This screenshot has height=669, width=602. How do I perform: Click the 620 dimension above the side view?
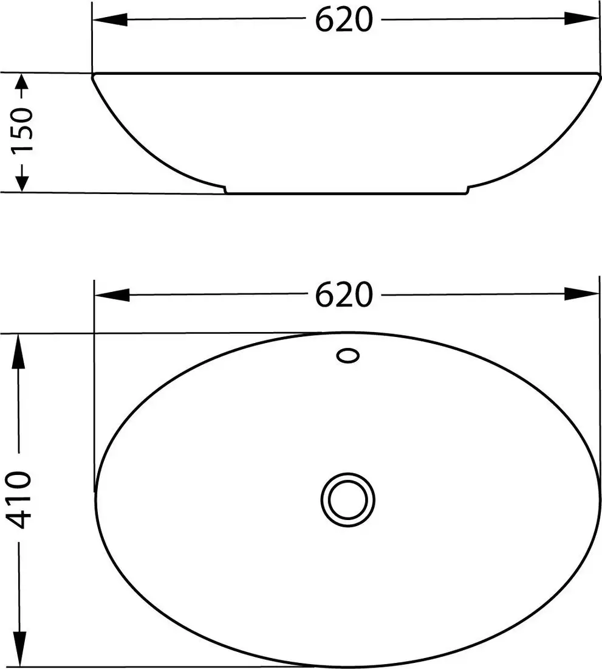click(x=343, y=19)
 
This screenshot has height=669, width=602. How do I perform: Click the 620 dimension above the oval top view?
click(x=343, y=295)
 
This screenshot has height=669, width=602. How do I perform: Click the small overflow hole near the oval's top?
click(x=349, y=356)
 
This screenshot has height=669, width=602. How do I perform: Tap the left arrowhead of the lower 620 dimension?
click(x=113, y=295)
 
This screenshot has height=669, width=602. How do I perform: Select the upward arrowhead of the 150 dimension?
click(x=21, y=85)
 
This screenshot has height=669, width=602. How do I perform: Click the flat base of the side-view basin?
click(x=346, y=193)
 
